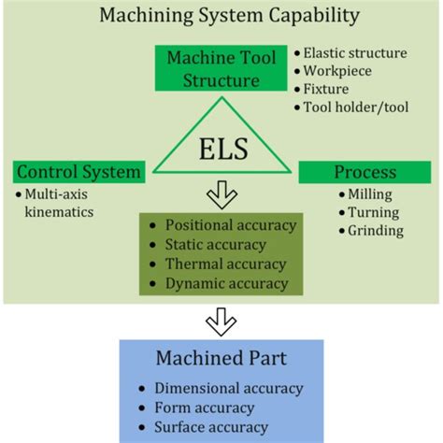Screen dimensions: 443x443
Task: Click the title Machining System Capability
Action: coord(222,16)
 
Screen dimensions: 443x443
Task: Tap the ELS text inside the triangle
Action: coord(221,150)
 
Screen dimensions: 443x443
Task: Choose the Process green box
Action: coord(365,172)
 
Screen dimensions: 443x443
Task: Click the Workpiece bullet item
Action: coord(337,71)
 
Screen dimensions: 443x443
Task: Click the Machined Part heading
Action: coord(222,360)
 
